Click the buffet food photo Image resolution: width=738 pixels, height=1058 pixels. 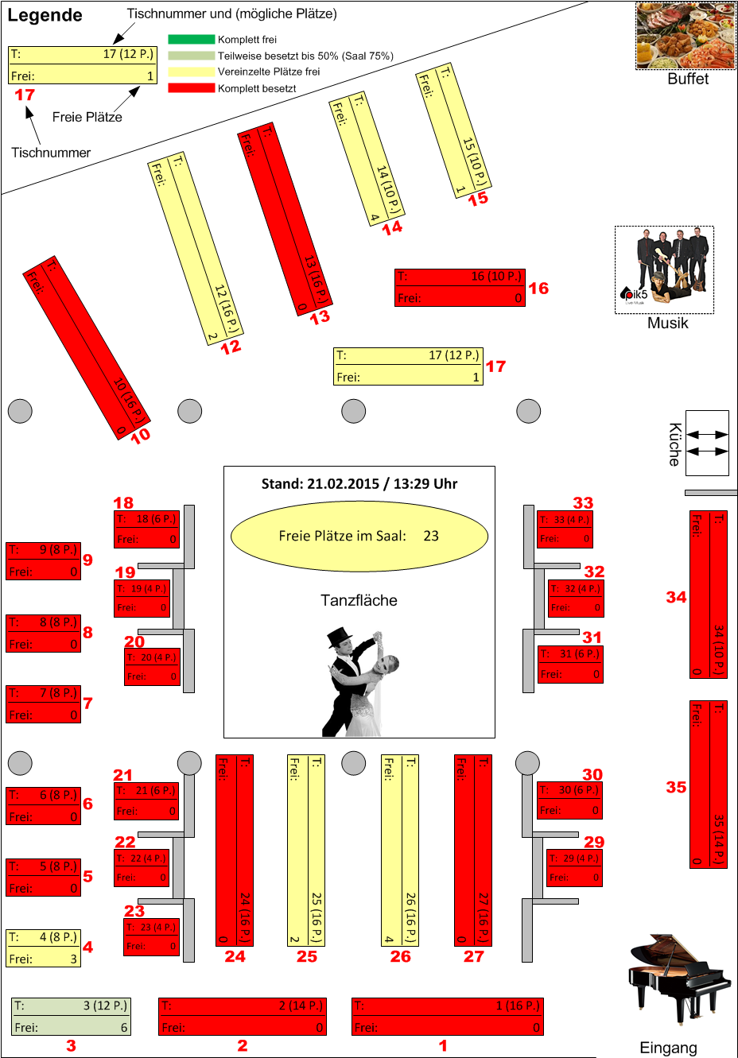click(686, 36)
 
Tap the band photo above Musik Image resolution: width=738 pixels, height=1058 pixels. click(664, 269)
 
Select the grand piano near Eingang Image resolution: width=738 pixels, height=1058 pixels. click(678, 980)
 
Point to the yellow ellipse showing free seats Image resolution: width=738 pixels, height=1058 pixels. click(359, 536)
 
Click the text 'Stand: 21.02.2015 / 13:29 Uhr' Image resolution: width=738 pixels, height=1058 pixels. click(359, 483)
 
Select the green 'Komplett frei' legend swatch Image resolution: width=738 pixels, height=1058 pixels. click(191, 39)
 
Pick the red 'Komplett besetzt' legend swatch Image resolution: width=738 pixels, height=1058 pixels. click(191, 88)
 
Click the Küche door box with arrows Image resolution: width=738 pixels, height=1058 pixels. click(707, 443)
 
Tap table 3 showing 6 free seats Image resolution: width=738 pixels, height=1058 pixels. click(71, 1017)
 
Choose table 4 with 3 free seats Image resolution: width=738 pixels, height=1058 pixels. click(43, 948)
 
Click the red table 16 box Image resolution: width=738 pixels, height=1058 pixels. click(460, 287)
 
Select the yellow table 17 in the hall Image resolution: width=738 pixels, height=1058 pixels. click(408, 366)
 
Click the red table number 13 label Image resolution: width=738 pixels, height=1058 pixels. click(320, 317)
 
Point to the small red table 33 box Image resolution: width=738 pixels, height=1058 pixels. click(565, 529)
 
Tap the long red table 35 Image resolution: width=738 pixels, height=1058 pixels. click(708, 784)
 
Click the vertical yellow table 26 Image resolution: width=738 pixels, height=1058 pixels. click(400, 850)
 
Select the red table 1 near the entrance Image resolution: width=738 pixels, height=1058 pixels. click(448, 1017)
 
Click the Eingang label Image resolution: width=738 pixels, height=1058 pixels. click(668, 1048)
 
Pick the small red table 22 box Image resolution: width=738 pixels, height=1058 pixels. click(142, 868)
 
